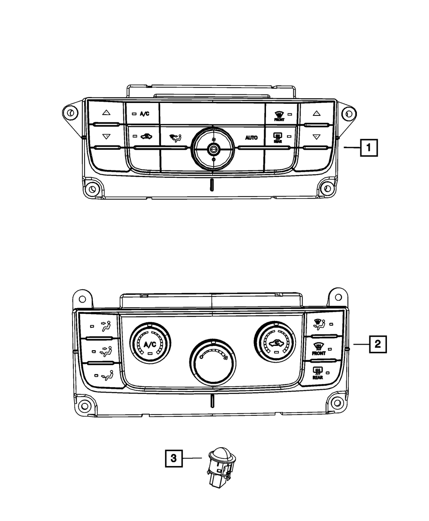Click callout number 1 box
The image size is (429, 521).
(x=369, y=148)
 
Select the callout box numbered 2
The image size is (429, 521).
(x=377, y=343)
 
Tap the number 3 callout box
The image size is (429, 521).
(x=173, y=459)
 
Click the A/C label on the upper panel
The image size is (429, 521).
(x=144, y=114)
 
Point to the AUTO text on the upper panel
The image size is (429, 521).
(x=251, y=138)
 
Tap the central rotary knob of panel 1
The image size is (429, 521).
(x=213, y=149)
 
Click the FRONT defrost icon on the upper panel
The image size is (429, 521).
(x=279, y=115)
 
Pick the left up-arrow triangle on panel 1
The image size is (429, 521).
(x=106, y=114)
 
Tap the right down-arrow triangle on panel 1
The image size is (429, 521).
(x=316, y=137)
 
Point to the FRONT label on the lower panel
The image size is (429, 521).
(x=319, y=354)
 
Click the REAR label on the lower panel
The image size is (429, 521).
(x=318, y=377)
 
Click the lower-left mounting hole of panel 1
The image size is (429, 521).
(x=91, y=189)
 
